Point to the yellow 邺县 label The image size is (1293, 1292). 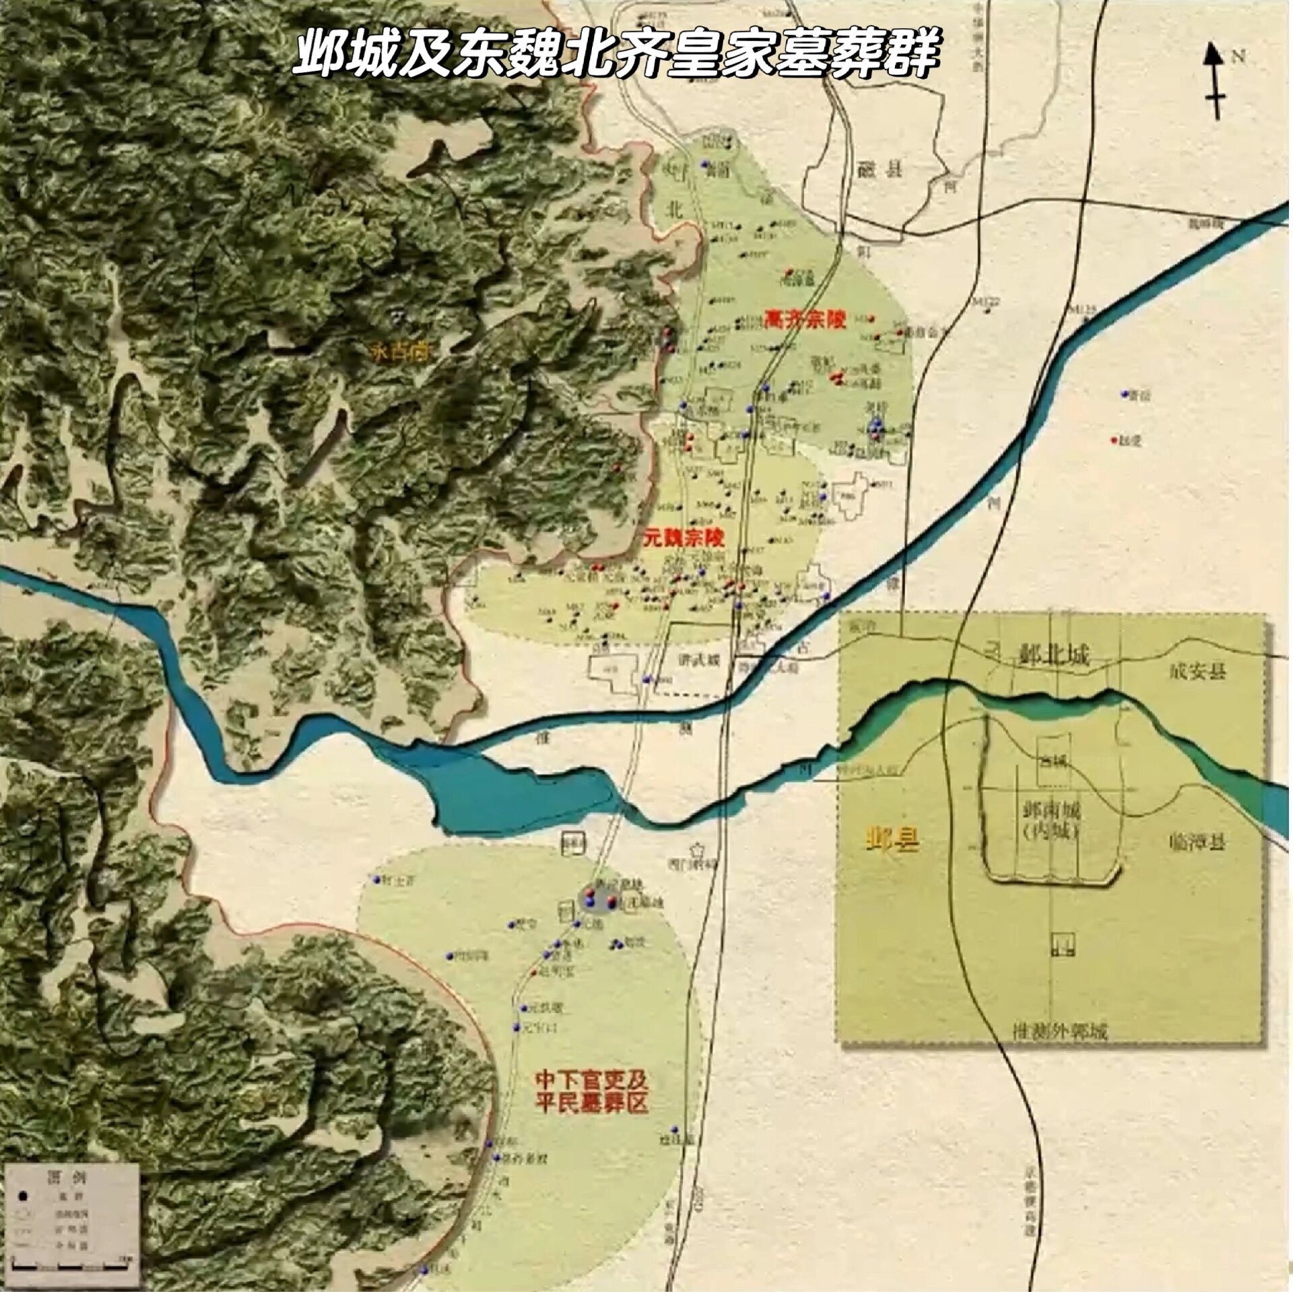[893, 841]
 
